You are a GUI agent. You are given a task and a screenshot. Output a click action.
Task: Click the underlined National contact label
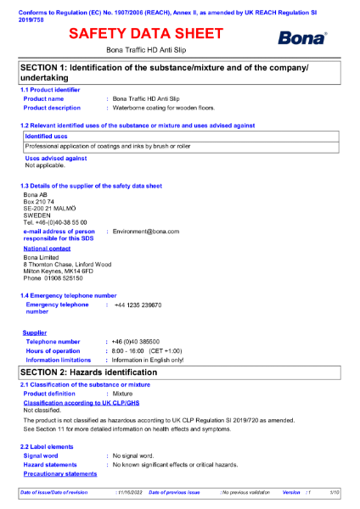click(47, 249)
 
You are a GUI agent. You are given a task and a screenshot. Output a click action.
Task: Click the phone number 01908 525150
click(65, 278)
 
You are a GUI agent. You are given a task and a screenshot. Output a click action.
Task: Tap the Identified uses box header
click(46, 136)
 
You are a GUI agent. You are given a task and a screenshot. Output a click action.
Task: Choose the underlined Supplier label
click(35, 333)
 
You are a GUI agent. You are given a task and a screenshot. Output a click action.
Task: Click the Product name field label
click(43, 99)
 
